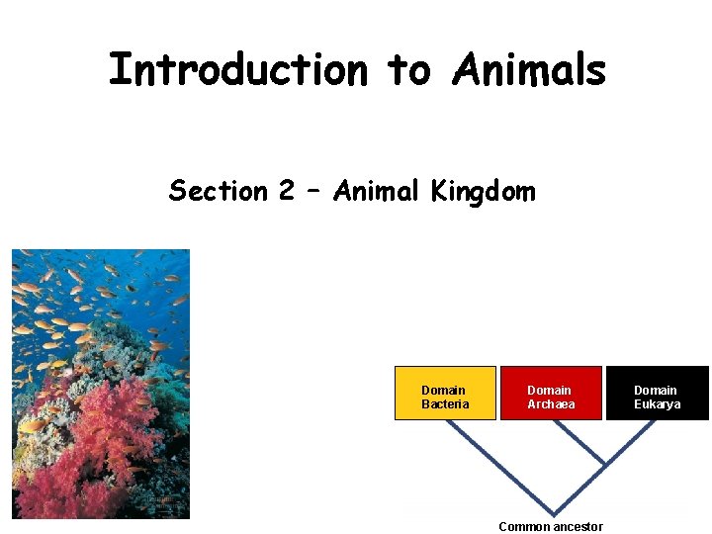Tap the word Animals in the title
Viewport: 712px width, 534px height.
pos(529,70)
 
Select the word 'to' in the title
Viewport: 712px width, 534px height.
pos(408,70)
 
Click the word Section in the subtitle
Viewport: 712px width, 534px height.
pos(217,190)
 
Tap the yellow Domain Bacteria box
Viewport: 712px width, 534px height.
pos(445,394)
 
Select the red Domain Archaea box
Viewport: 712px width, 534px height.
pos(551,394)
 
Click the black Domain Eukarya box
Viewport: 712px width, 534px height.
pos(657,394)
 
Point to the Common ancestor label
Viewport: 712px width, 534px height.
pos(551,526)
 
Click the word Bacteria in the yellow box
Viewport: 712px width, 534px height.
pos(445,404)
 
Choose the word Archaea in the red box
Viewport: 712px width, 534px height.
pos(551,404)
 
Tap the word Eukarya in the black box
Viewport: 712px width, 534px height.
pos(658,404)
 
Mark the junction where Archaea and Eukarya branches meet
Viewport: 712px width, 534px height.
pos(604,463)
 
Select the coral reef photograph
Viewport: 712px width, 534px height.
pos(100,384)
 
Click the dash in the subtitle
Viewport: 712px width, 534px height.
pos(315,191)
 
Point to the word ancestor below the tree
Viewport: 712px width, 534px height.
pos(577,526)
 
